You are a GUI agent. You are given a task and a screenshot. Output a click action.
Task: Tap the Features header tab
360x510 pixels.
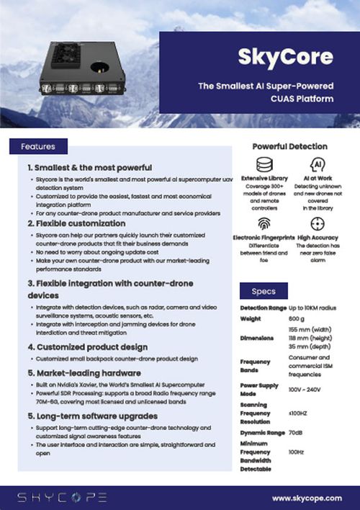click(38, 147)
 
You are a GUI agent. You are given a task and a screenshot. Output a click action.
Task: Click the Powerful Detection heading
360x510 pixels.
click(289, 146)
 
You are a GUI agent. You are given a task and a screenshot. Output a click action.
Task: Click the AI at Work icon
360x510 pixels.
click(317, 164)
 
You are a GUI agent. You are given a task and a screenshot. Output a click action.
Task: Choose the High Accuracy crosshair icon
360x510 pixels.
click(317, 224)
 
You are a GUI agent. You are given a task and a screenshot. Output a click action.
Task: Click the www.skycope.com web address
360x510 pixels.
click(307, 498)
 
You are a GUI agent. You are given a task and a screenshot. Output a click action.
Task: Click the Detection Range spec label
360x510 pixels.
click(263, 308)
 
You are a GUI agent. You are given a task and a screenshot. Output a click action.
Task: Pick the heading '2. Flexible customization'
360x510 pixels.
click(76, 224)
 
